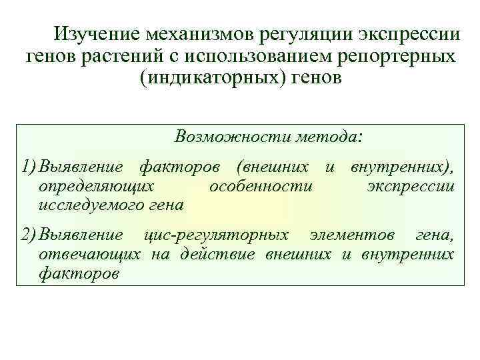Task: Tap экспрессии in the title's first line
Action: click(409, 34)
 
